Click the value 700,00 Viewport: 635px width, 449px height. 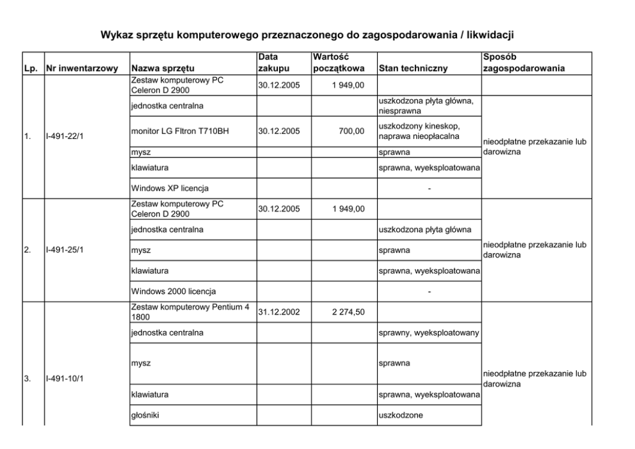[351, 131]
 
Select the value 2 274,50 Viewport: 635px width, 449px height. [346, 313]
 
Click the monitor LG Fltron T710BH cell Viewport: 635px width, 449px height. [179, 131]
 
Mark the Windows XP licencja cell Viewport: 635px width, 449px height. [170, 188]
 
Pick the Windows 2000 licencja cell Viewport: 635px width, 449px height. [173, 291]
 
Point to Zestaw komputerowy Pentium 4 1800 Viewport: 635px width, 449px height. [188, 312]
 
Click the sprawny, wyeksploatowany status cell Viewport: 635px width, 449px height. [428, 332]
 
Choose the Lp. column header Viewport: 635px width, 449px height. [31, 68]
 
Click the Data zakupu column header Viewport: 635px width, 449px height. [273, 63]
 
